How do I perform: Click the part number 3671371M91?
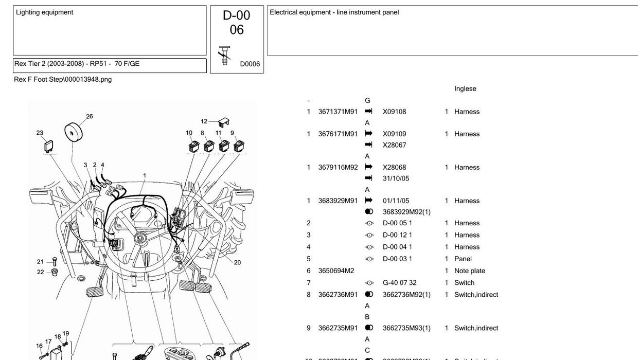pyautogui.click(x=338, y=112)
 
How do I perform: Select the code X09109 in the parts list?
pyautogui.click(x=394, y=134)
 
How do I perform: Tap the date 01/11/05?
pyautogui.click(x=396, y=201)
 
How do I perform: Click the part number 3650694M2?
pyautogui.click(x=336, y=271)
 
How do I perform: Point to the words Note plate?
pyautogui.click(x=469, y=271)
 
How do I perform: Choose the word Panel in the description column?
pyautogui.click(x=463, y=259)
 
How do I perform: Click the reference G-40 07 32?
pyautogui.click(x=399, y=283)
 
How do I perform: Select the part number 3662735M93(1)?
pyautogui.click(x=406, y=328)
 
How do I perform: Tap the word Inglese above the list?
pyautogui.click(x=465, y=88)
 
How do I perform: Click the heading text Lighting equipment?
pyautogui.click(x=44, y=12)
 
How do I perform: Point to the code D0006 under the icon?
pyautogui.click(x=250, y=64)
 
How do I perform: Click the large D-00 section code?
pyautogui.click(x=236, y=15)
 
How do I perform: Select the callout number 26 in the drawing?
pyautogui.click(x=90, y=116)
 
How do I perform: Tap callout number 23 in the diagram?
pyautogui.click(x=40, y=133)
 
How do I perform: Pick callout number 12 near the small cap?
pyautogui.click(x=204, y=121)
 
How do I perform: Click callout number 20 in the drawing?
pyautogui.click(x=237, y=262)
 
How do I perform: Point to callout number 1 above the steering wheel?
pyautogui.click(x=145, y=175)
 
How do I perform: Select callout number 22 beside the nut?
pyautogui.click(x=40, y=272)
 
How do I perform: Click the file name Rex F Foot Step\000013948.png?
pyautogui.click(x=62, y=79)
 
